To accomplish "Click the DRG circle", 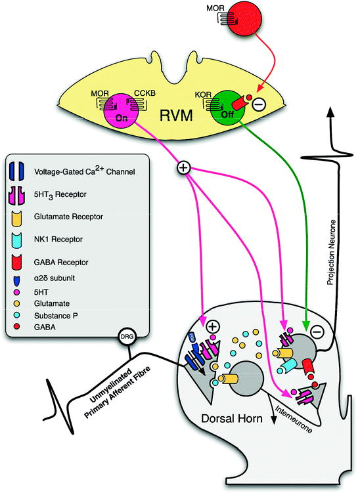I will point(127,337).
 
